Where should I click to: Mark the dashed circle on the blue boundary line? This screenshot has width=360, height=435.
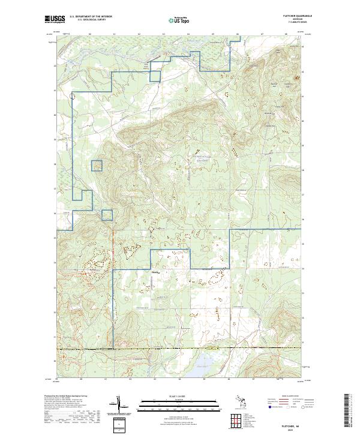(x=73, y=95)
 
